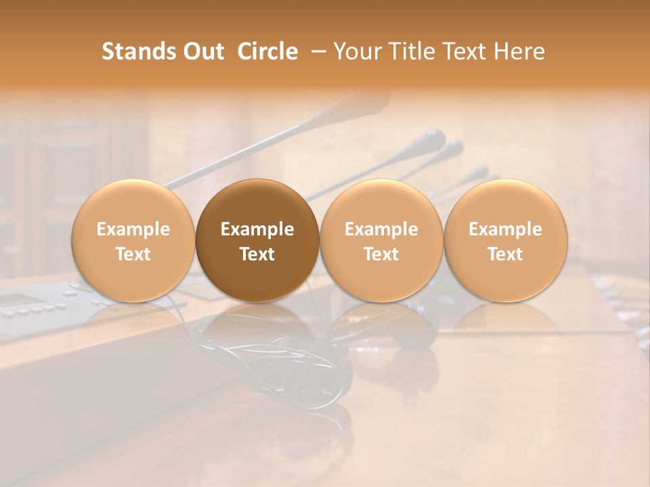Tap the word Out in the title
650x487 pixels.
point(201,51)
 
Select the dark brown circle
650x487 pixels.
point(257,240)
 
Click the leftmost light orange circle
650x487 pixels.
point(133,240)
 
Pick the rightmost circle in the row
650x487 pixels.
point(505,240)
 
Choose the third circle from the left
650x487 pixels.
point(381,240)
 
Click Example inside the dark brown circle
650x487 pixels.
point(257,229)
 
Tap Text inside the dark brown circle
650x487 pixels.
point(257,254)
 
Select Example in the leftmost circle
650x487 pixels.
point(133,229)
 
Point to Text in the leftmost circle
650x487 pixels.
point(133,254)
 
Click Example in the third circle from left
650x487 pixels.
point(381,229)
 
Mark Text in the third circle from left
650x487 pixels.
point(381,254)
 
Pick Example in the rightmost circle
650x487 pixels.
point(505,229)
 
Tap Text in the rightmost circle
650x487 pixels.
point(505,254)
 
